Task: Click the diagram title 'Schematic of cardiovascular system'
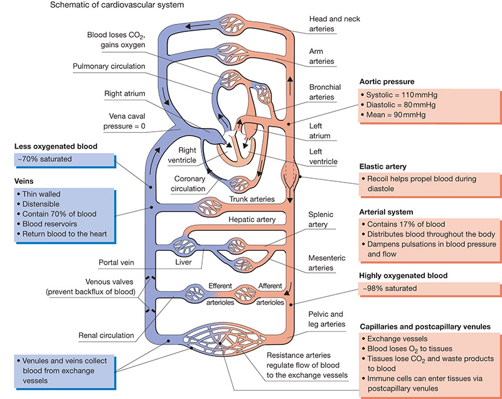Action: click(117, 5)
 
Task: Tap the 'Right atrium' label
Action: click(124, 93)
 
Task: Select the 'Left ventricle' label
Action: click(323, 156)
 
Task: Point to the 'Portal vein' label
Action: click(116, 262)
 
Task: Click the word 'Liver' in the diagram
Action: click(183, 262)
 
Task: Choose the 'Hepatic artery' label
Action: click(252, 220)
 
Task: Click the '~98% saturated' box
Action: click(429, 289)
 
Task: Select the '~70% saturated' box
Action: click(65, 160)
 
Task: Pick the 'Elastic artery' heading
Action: click(383, 166)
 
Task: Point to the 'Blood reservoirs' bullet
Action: click(47, 224)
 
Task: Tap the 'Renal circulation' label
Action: click(106, 336)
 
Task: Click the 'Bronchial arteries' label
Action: click(325, 92)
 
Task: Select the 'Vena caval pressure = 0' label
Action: click(124, 121)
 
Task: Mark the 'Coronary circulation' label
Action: click(188, 184)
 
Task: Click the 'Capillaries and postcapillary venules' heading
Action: click(425, 327)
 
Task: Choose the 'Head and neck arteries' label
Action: click(334, 24)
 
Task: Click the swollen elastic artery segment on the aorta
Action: click(290, 176)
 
